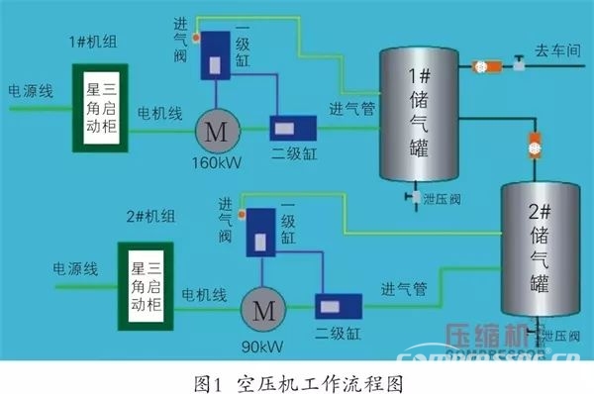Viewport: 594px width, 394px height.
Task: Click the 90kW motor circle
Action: (x=264, y=309)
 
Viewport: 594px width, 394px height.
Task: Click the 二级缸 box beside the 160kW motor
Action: (x=294, y=129)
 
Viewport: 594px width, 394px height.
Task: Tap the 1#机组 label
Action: (x=92, y=43)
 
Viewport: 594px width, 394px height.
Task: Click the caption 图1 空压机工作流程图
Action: (x=297, y=379)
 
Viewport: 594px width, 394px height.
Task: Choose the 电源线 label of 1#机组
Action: (x=32, y=89)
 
